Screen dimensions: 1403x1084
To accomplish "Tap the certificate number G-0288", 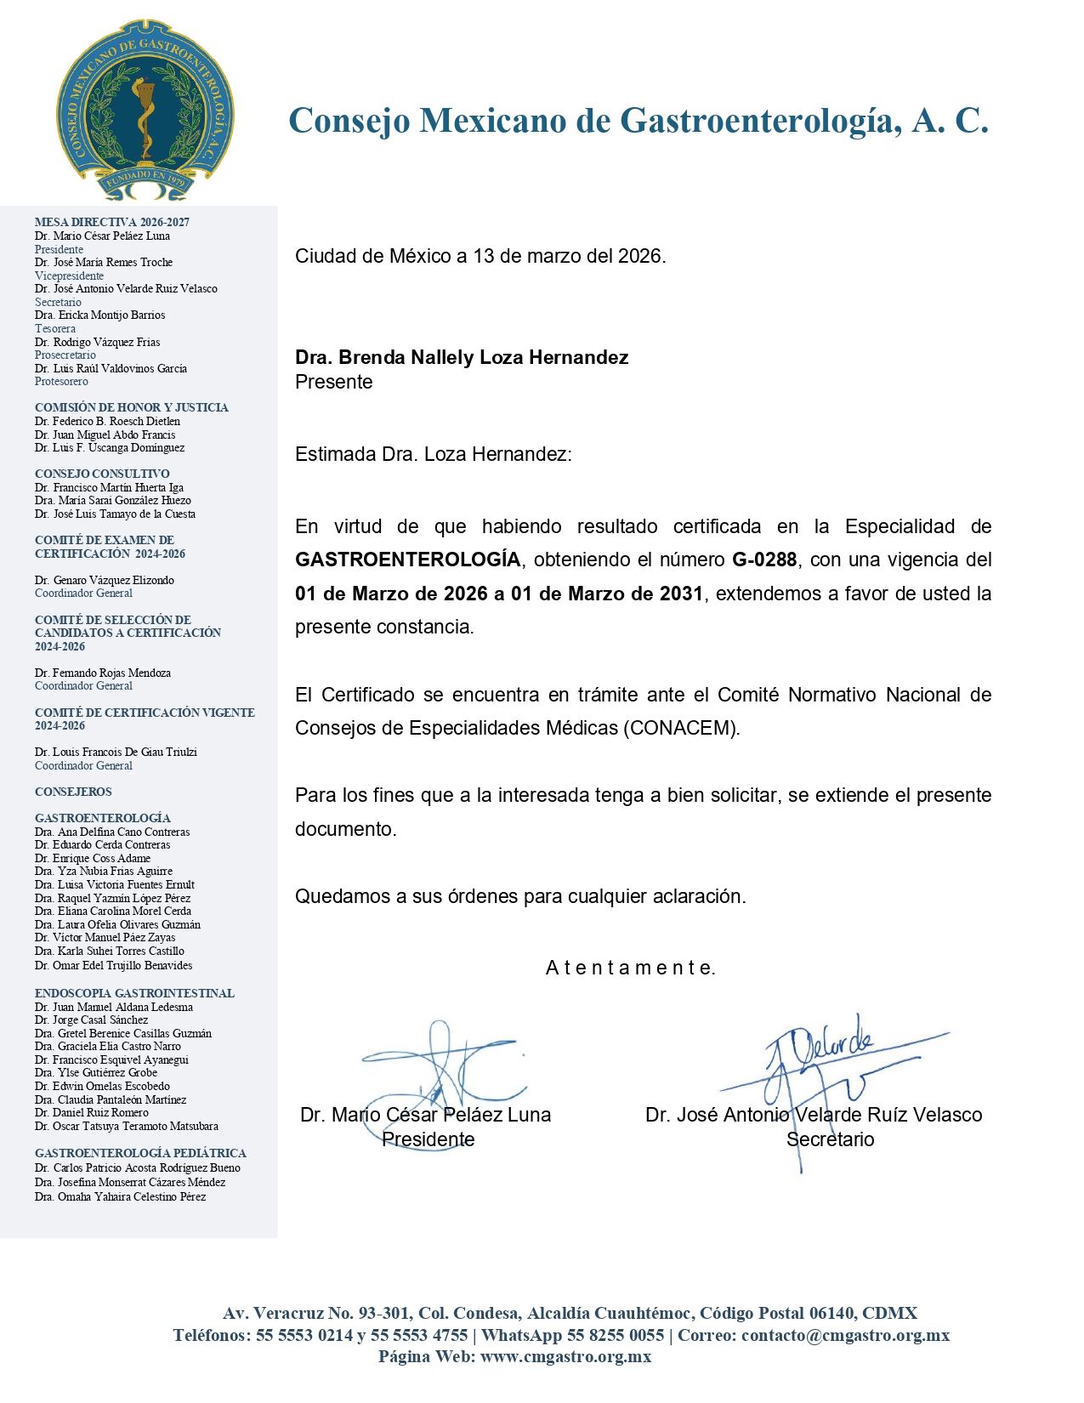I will [x=764, y=559].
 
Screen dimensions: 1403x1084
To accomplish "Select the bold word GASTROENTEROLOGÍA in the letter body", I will [x=407, y=559].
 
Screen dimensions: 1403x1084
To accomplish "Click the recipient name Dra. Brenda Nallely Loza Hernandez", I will [x=462, y=357].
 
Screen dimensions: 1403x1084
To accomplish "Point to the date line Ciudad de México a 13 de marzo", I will [x=480, y=256].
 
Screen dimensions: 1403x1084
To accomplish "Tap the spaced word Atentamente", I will [x=630, y=968].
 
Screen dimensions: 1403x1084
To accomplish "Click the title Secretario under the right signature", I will [x=830, y=1139].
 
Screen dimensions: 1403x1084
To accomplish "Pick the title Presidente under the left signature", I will [x=428, y=1139].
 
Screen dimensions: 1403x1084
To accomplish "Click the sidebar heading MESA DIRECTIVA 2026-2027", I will [x=112, y=222].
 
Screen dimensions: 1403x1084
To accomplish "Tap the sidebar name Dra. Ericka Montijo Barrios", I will [x=99, y=315].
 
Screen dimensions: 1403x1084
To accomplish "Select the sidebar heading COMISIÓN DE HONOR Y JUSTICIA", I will [x=132, y=407].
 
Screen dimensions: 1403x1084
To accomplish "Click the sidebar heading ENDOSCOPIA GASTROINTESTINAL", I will [x=134, y=993].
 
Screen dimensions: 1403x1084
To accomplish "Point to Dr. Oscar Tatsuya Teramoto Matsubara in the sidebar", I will [x=127, y=1126].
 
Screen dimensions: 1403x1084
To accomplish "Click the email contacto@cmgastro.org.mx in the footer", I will [x=845, y=1335].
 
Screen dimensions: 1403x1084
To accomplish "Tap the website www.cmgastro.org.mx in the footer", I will [x=565, y=1356].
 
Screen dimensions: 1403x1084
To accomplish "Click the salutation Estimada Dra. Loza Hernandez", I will [x=434, y=454].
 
